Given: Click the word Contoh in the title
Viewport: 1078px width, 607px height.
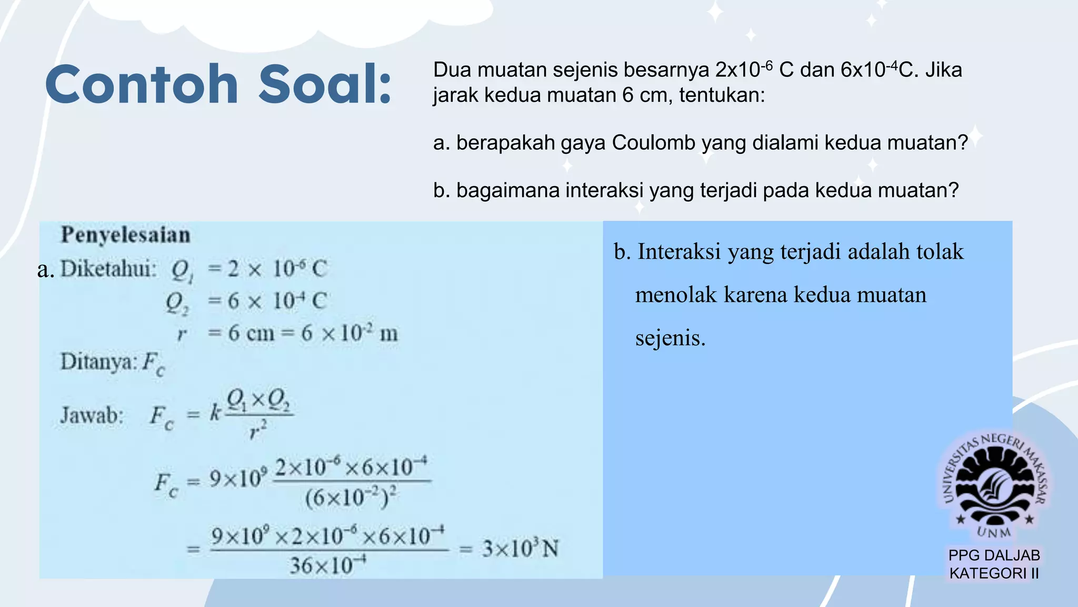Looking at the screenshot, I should point(142,84).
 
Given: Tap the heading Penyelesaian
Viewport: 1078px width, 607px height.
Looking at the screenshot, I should point(125,235).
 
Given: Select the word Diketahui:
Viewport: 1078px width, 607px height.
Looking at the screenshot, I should point(108,269).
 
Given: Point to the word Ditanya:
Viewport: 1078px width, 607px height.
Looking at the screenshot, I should point(99,362).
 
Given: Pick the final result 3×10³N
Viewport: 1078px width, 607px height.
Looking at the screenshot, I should point(520,549).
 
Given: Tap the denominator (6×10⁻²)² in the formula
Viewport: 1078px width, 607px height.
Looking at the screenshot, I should point(351,497).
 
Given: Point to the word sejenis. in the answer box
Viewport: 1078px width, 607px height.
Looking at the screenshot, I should point(670,338).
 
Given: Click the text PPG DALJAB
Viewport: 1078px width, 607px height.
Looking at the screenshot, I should point(994,555).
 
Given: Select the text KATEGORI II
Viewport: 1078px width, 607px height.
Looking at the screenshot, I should point(994,573).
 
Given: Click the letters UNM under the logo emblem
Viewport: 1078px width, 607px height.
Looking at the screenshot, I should point(994,532).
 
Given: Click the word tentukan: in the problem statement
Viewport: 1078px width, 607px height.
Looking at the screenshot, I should point(722,95).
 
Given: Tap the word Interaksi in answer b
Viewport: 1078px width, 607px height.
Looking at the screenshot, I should point(679,252).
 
